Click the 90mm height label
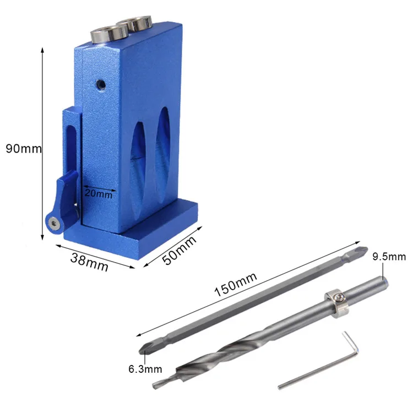coord(24,149)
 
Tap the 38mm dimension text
coord(89,262)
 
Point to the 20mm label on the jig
coord(99,194)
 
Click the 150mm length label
coord(236,284)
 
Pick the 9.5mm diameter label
coord(389,257)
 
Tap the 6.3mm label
coord(145,369)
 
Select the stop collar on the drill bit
coord(336,303)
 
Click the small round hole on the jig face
coord(101,85)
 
